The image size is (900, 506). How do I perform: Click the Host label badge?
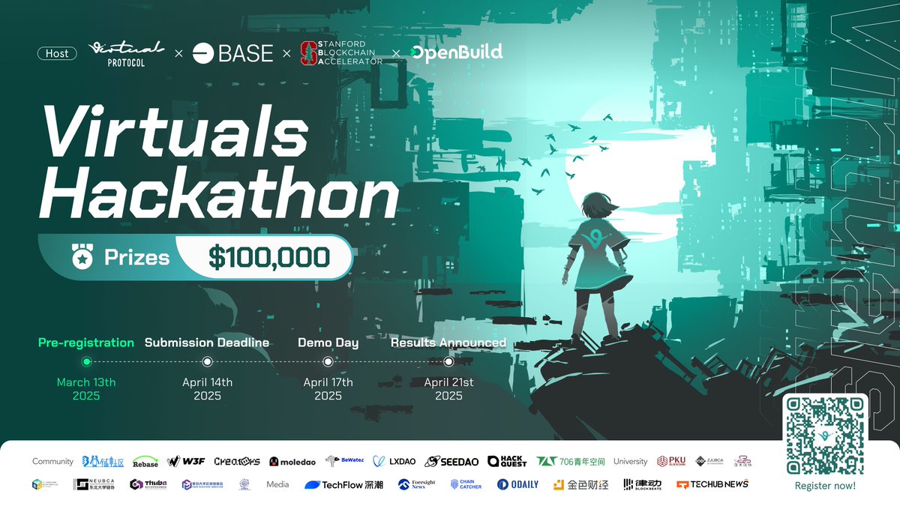pyautogui.click(x=57, y=53)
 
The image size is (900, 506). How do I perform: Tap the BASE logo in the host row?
pyautogui.click(x=232, y=53)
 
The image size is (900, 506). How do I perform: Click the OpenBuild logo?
pyautogui.click(x=457, y=52)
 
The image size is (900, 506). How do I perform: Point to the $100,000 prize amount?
pyautogui.click(x=269, y=258)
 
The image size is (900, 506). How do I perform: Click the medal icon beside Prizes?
pyautogui.click(x=80, y=258)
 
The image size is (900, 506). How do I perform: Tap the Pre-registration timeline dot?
pyautogui.click(x=86, y=361)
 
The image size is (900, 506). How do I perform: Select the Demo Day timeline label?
pyautogui.click(x=328, y=343)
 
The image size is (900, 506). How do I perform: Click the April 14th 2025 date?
pyautogui.click(x=207, y=388)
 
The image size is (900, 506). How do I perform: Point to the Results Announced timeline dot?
pyautogui.click(x=448, y=361)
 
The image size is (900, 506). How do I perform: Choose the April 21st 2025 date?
pyautogui.click(x=448, y=388)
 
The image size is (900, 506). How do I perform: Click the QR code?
pyautogui.click(x=825, y=435)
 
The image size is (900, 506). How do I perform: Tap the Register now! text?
pyautogui.click(x=825, y=486)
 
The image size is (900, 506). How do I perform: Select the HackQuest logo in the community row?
pyautogui.click(x=506, y=462)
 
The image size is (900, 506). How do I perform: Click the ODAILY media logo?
pyautogui.click(x=517, y=484)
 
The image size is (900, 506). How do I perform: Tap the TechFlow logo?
pyautogui.click(x=343, y=484)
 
